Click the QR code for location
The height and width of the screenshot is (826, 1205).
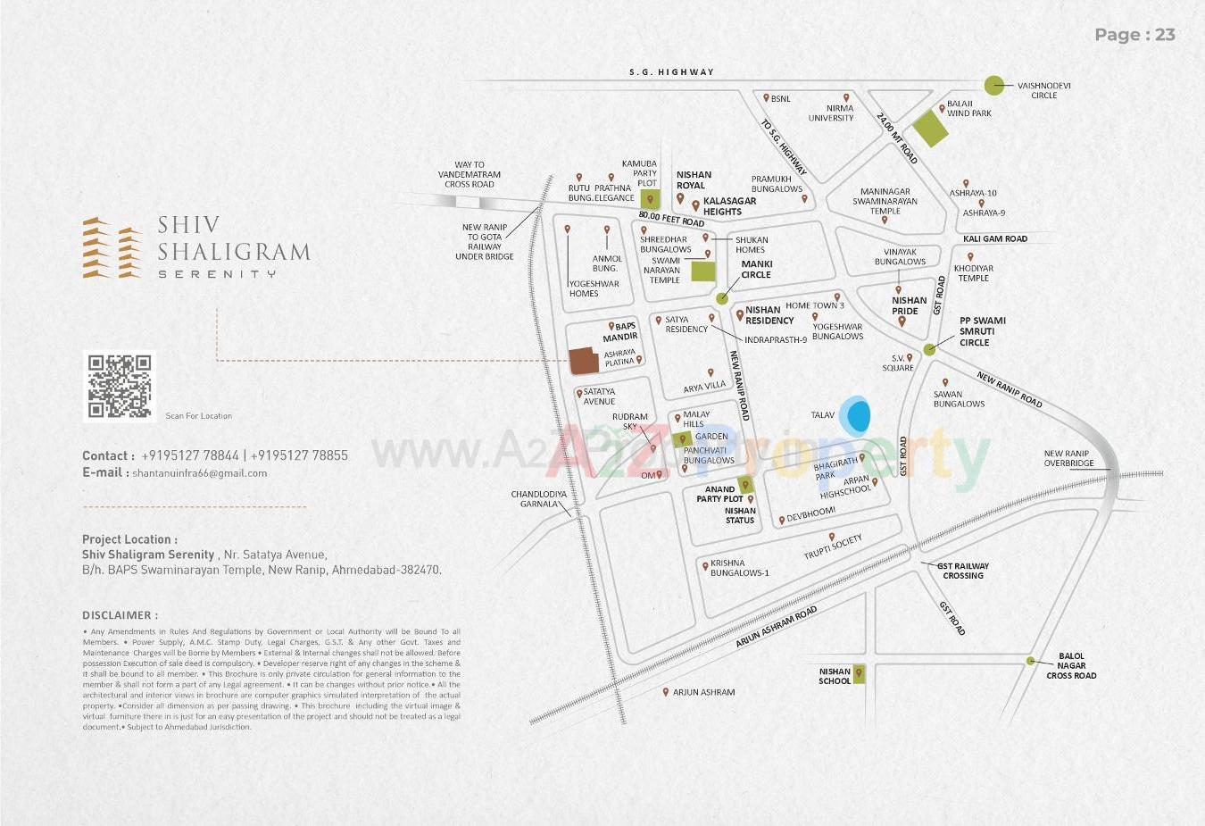(119, 386)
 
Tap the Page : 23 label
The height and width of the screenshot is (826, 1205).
(1134, 35)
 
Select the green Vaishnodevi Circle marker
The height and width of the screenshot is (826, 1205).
(994, 86)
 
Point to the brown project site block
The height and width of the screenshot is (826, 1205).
(584, 361)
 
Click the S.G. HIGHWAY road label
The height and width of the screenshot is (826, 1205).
(671, 72)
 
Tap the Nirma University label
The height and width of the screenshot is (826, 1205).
(831, 113)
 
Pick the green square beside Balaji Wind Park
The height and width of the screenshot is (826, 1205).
(929, 129)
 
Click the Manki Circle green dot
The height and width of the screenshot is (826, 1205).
(722, 298)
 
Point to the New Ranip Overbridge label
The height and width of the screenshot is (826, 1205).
(1068, 458)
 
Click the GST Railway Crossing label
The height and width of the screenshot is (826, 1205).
(962, 571)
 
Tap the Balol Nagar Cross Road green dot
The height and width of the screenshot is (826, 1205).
(1030, 661)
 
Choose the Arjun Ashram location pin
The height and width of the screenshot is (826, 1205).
(666, 691)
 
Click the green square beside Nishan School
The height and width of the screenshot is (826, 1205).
(859, 675)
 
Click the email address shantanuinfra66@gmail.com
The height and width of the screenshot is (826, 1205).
(199, 473)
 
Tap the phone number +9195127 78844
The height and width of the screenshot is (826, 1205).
(189, 455)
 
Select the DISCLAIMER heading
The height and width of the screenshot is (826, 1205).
(120, 615)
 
